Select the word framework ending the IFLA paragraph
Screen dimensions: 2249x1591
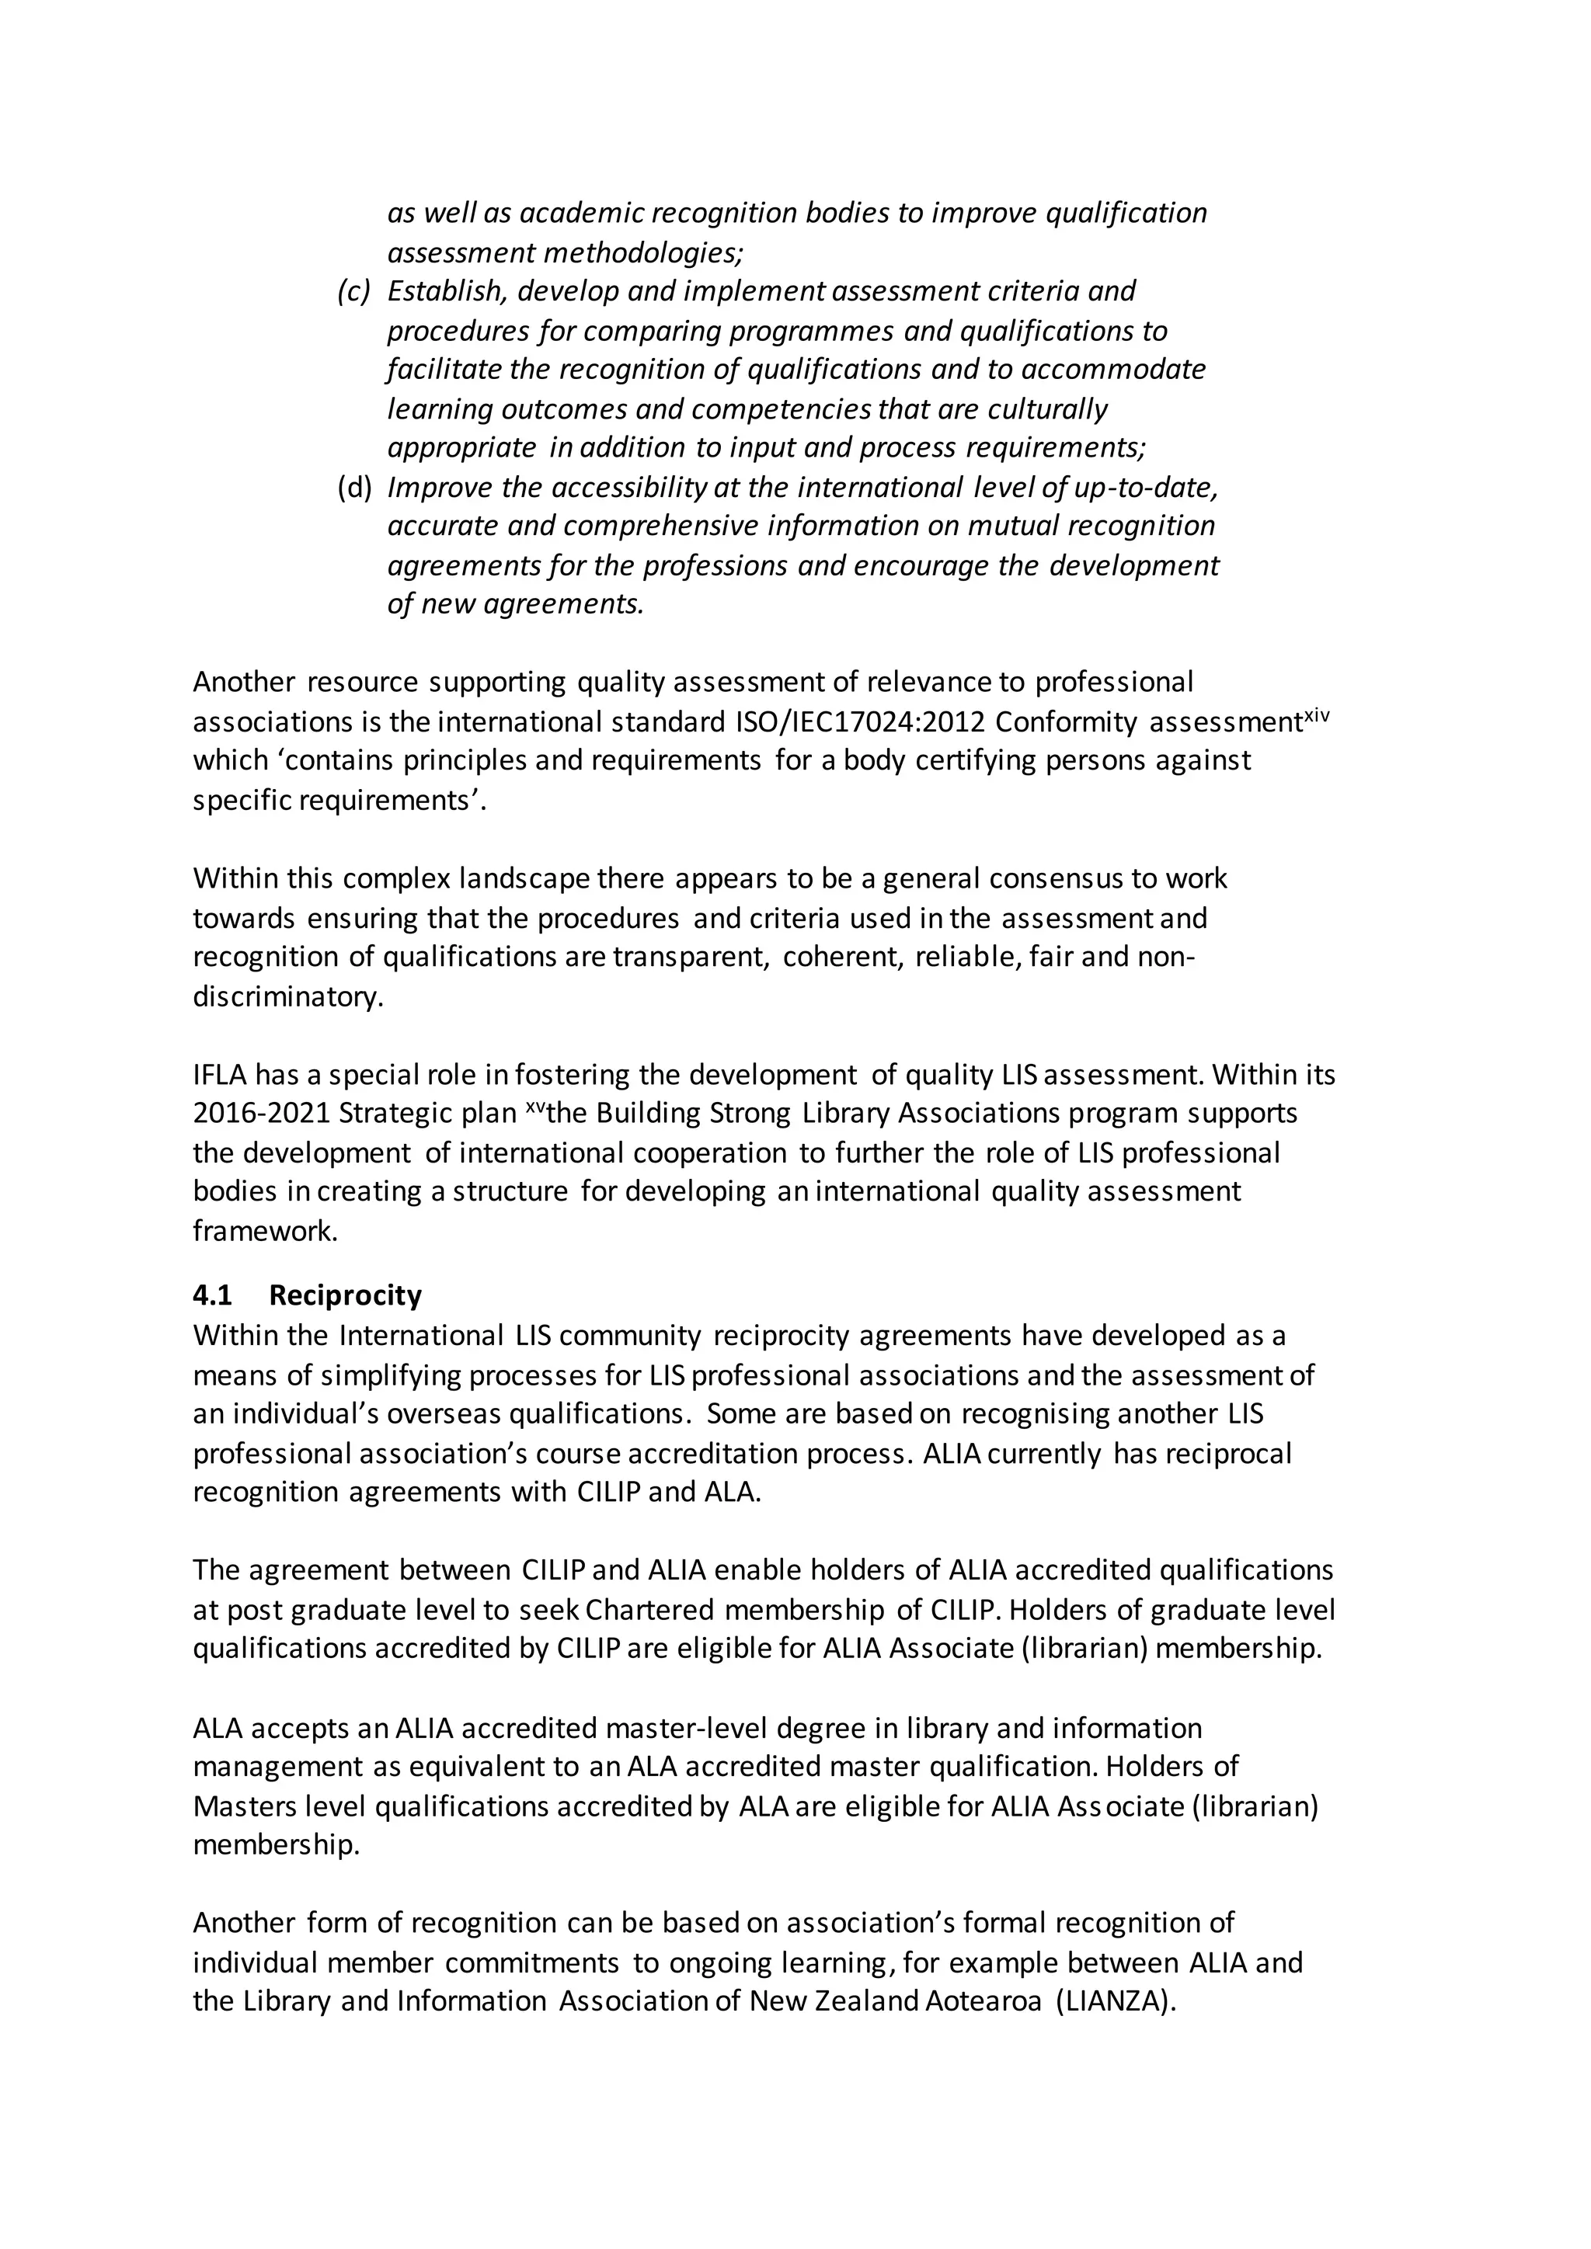point(264,1231)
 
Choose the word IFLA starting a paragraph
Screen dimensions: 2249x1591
point(221,1076)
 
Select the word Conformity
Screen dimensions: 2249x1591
point(1066,723)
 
